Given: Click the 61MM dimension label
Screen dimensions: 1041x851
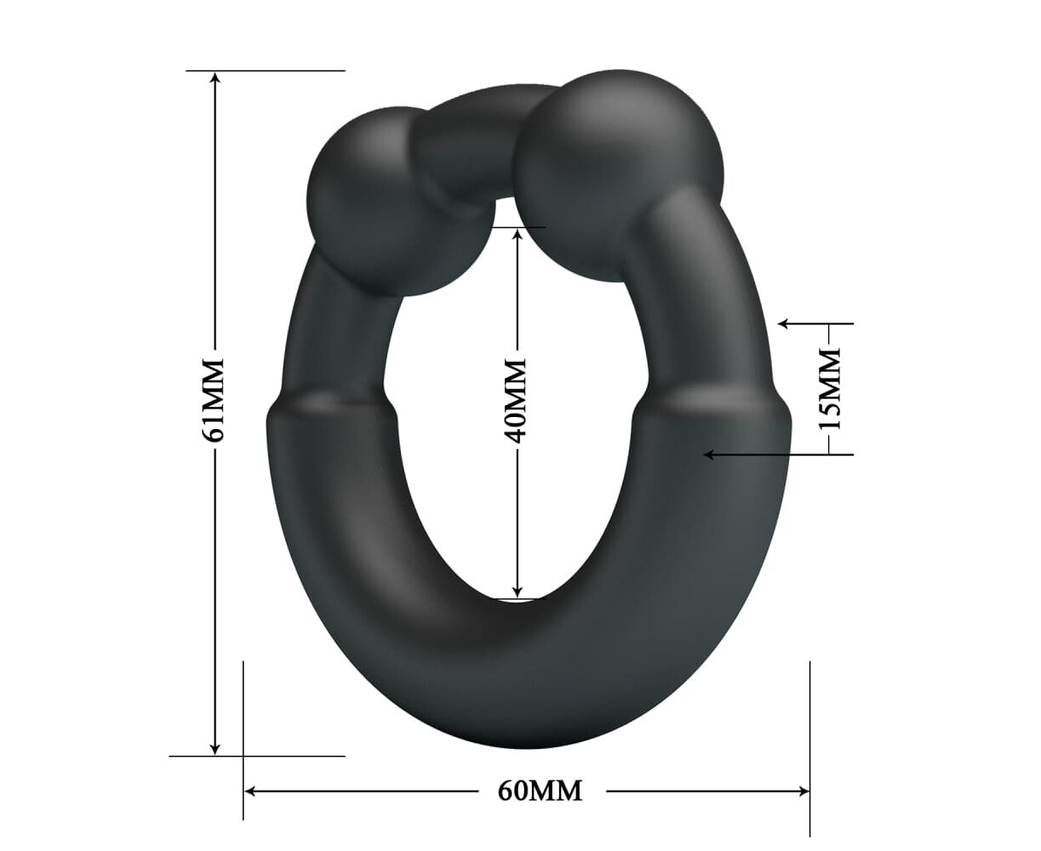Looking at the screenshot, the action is tap(214, 400).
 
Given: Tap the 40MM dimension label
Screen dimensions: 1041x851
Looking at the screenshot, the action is tap(517, 401).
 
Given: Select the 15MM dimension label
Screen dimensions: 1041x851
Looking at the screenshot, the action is tap(829, 388).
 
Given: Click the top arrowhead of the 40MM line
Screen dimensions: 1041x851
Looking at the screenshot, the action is tap(518, 237).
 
